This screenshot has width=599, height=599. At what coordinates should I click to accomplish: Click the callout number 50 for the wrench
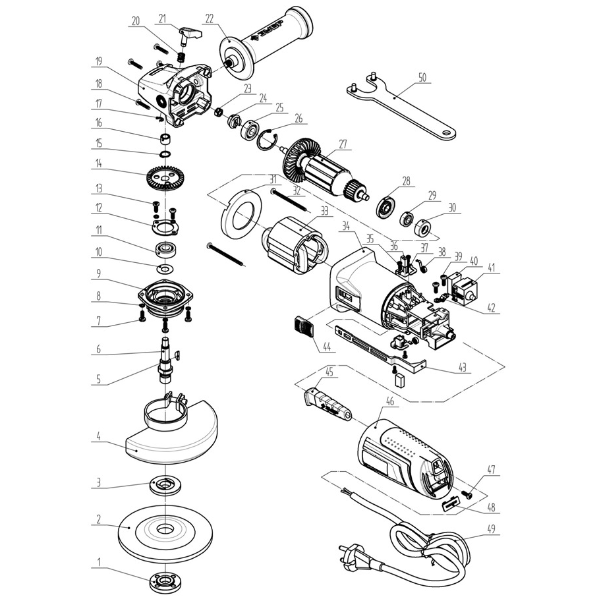(422, 77)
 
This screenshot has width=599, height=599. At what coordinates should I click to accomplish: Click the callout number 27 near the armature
(342, 144)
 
